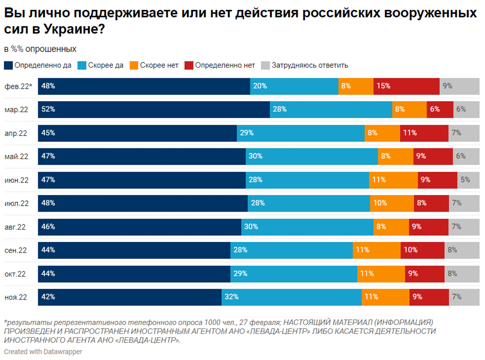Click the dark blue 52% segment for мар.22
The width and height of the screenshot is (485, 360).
point(154,109)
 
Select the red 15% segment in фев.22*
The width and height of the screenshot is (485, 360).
point(406,86)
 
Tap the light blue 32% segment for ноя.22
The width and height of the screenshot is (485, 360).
point(292,297)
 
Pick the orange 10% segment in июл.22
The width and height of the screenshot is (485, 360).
point(392,203)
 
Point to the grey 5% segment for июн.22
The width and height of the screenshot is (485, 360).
point(468,180)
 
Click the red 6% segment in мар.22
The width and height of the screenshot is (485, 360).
point(440,109)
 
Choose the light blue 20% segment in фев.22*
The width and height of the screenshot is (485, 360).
point(294,86)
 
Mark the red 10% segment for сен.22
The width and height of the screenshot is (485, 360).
point(422,250)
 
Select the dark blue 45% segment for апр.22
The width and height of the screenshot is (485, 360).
point(137,133)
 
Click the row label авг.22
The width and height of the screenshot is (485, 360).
point(15,227)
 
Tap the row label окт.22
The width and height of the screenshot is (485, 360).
point(15,274)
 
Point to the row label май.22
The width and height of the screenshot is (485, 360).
point(16,156)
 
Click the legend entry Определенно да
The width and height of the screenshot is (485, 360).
point(38,66)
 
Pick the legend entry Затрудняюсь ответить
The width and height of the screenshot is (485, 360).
point(304,66)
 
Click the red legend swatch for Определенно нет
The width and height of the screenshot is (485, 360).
point(189,66)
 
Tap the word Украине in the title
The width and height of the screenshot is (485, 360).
point(70,30)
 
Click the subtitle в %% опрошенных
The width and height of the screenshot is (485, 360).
point(40,49)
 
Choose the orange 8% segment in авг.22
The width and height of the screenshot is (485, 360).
point(391,227)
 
